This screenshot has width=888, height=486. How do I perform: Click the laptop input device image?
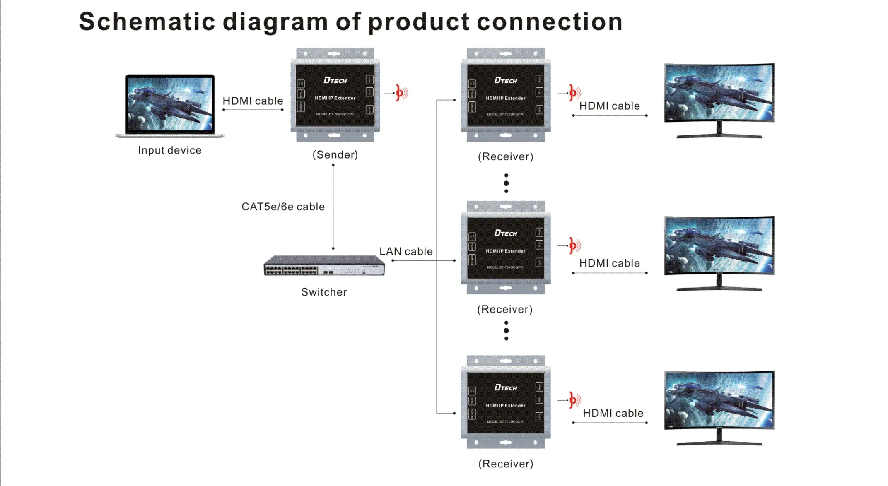[170, 106]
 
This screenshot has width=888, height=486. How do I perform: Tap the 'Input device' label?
[170, 150]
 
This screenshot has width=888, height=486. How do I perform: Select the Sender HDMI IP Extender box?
[335, 95]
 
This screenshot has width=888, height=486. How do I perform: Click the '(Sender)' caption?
[335, 155]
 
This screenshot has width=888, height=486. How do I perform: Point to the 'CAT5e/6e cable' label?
[283, 207]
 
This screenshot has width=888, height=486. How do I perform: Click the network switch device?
[324, 265]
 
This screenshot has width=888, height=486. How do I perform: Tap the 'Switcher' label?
[324, 292]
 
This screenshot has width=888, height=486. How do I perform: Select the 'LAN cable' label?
[406, 251]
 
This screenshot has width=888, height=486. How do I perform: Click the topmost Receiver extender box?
[506, 95]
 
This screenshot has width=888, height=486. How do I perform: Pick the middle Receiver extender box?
[506, 248]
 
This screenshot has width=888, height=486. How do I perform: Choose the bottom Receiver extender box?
[506, 402]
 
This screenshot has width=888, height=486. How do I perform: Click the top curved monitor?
[719, 99]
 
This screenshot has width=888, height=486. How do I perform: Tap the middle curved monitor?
[719, 253]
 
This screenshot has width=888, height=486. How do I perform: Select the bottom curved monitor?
[719, 407]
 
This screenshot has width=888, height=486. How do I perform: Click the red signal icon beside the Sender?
[401, 93]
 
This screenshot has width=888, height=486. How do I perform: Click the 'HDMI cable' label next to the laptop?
[253, 101]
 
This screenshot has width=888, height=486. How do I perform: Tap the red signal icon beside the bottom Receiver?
[574, 400]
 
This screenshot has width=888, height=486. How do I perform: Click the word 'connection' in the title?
[550, 22]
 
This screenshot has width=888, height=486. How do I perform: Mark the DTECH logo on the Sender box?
[335, 80]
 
